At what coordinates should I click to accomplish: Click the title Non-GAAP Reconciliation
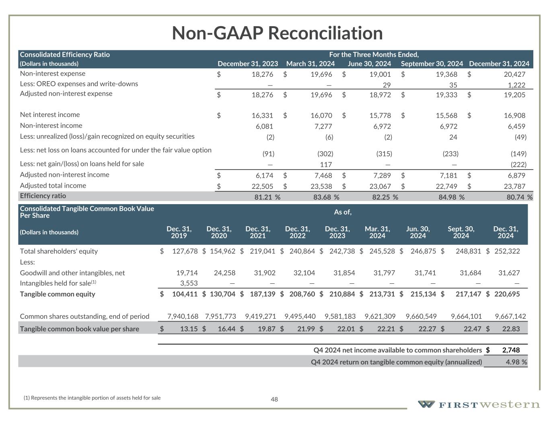(x=277, y=33)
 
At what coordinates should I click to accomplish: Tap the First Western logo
(x=478, y=404)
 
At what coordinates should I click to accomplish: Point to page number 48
(x=274, y=399)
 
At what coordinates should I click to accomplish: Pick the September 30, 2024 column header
(x=432, y=63)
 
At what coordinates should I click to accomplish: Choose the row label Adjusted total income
(x=53, y=186)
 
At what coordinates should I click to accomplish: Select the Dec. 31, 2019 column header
(x=179, y=232)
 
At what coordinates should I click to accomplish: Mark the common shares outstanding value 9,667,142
(x=510, y=316)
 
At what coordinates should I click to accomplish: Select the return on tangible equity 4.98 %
(x=516, y=362)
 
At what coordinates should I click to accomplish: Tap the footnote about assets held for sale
(x=92, y=398)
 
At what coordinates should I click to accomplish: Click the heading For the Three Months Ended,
(x=374, y=55)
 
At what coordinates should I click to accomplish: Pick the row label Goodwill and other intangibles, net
(x=72, y=273)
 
